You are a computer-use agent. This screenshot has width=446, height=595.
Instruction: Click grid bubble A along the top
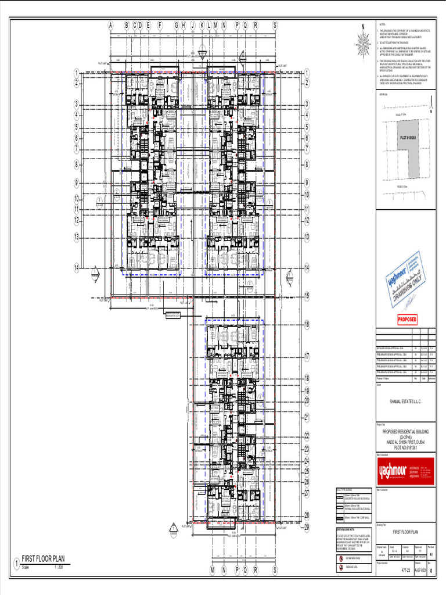pos(110,26)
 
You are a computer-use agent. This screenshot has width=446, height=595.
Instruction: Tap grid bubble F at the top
pos(160,26)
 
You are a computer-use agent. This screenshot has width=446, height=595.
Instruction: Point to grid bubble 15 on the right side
pos(307,296)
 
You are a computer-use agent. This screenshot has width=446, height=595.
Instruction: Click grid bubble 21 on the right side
pos(307,418)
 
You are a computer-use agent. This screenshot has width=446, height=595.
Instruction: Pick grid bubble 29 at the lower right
pos(307,527)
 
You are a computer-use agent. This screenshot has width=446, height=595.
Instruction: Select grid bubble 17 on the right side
pos(307,356)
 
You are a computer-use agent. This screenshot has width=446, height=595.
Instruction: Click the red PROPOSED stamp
pos(407,320)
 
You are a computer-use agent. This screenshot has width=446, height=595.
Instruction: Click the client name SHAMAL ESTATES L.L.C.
pos(405,402)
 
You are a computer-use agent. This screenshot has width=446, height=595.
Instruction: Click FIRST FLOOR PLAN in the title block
pos(405,532)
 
